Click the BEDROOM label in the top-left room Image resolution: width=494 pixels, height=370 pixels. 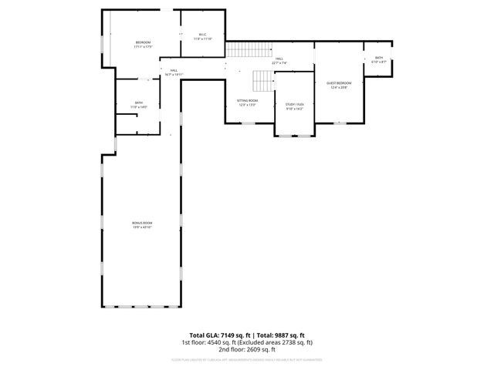pos(143,42)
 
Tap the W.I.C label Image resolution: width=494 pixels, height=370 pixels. pos(202,35)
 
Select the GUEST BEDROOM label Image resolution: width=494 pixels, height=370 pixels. pos(339,82)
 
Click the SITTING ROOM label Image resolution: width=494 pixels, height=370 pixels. pos(247,100)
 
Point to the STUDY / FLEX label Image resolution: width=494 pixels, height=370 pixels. pos(295,104)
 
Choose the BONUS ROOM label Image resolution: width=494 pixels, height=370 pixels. pos(142,222)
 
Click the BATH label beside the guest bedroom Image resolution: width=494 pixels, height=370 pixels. pos(378,57)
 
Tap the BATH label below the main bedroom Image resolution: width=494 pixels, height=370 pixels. pos(139,103)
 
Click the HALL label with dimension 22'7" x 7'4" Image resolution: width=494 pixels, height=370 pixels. pos(279,58)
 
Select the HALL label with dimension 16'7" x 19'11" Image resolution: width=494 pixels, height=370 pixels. pos(174,70)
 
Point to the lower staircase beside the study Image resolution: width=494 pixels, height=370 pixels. pos(263,79)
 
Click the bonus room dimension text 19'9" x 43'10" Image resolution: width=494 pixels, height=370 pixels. pos(142,227)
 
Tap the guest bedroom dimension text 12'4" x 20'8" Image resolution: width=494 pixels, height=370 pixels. pos(339,87)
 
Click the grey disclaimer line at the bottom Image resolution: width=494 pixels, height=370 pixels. pos(247,359)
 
